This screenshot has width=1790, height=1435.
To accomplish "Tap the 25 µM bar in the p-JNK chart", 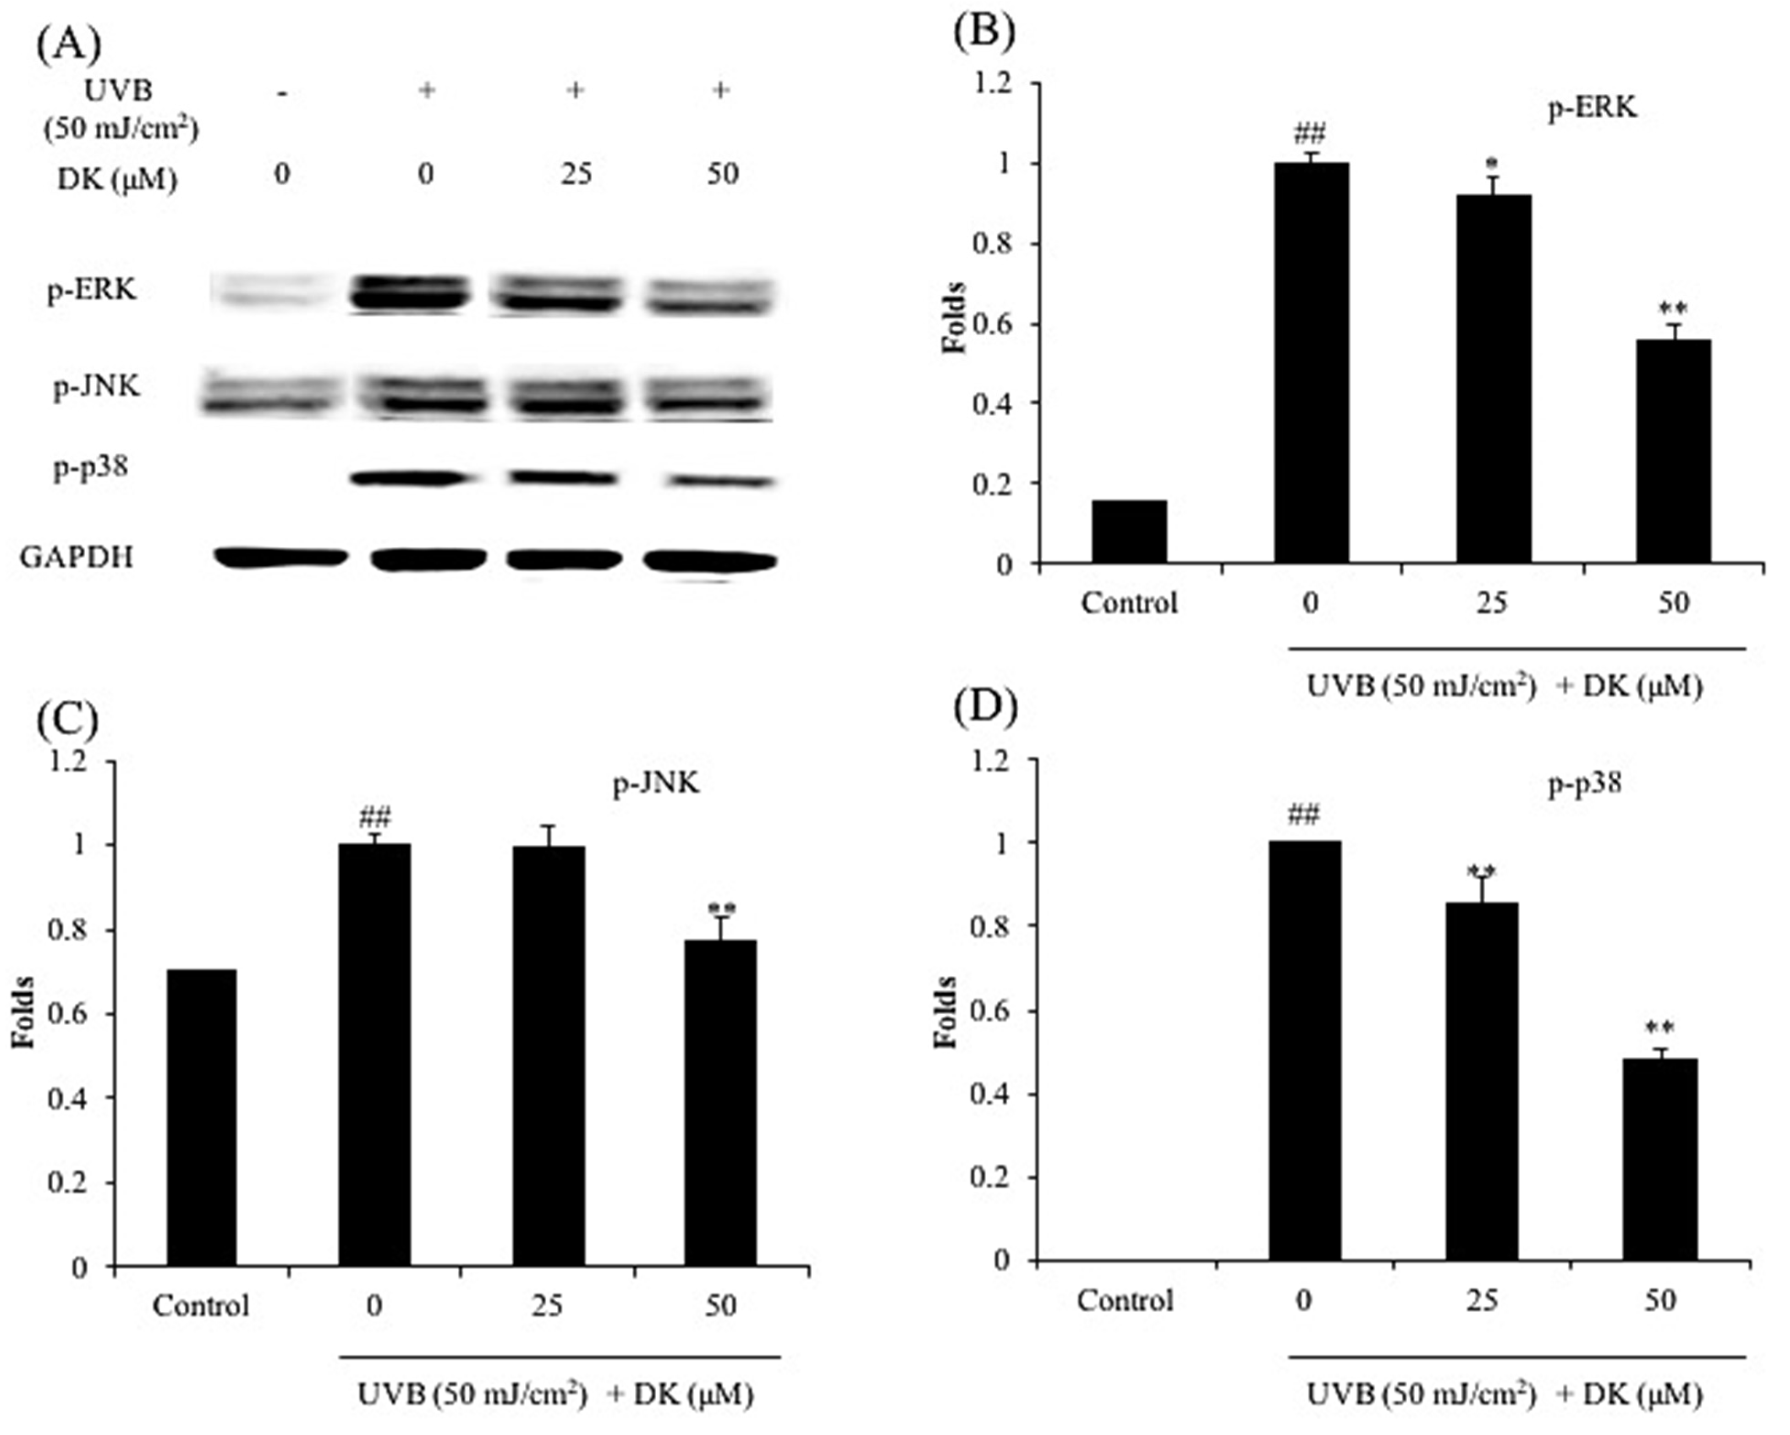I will (548, 1055).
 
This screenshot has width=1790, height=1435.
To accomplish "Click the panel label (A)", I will (68, 43).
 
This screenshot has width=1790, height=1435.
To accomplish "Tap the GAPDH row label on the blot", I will (77, 556).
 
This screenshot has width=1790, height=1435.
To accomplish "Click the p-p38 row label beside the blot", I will (91, 467).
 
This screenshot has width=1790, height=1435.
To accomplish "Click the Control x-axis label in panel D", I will (1125, 1300).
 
